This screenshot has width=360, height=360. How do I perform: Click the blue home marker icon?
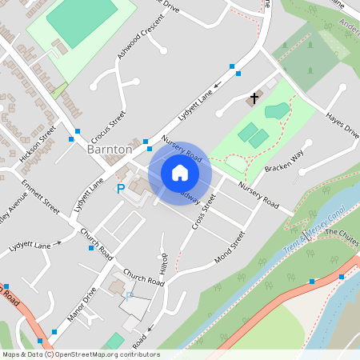tap(179, 172)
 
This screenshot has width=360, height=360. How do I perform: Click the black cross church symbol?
tap(254, 98)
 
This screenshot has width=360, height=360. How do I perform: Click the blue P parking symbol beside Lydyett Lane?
tap(121, 189)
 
